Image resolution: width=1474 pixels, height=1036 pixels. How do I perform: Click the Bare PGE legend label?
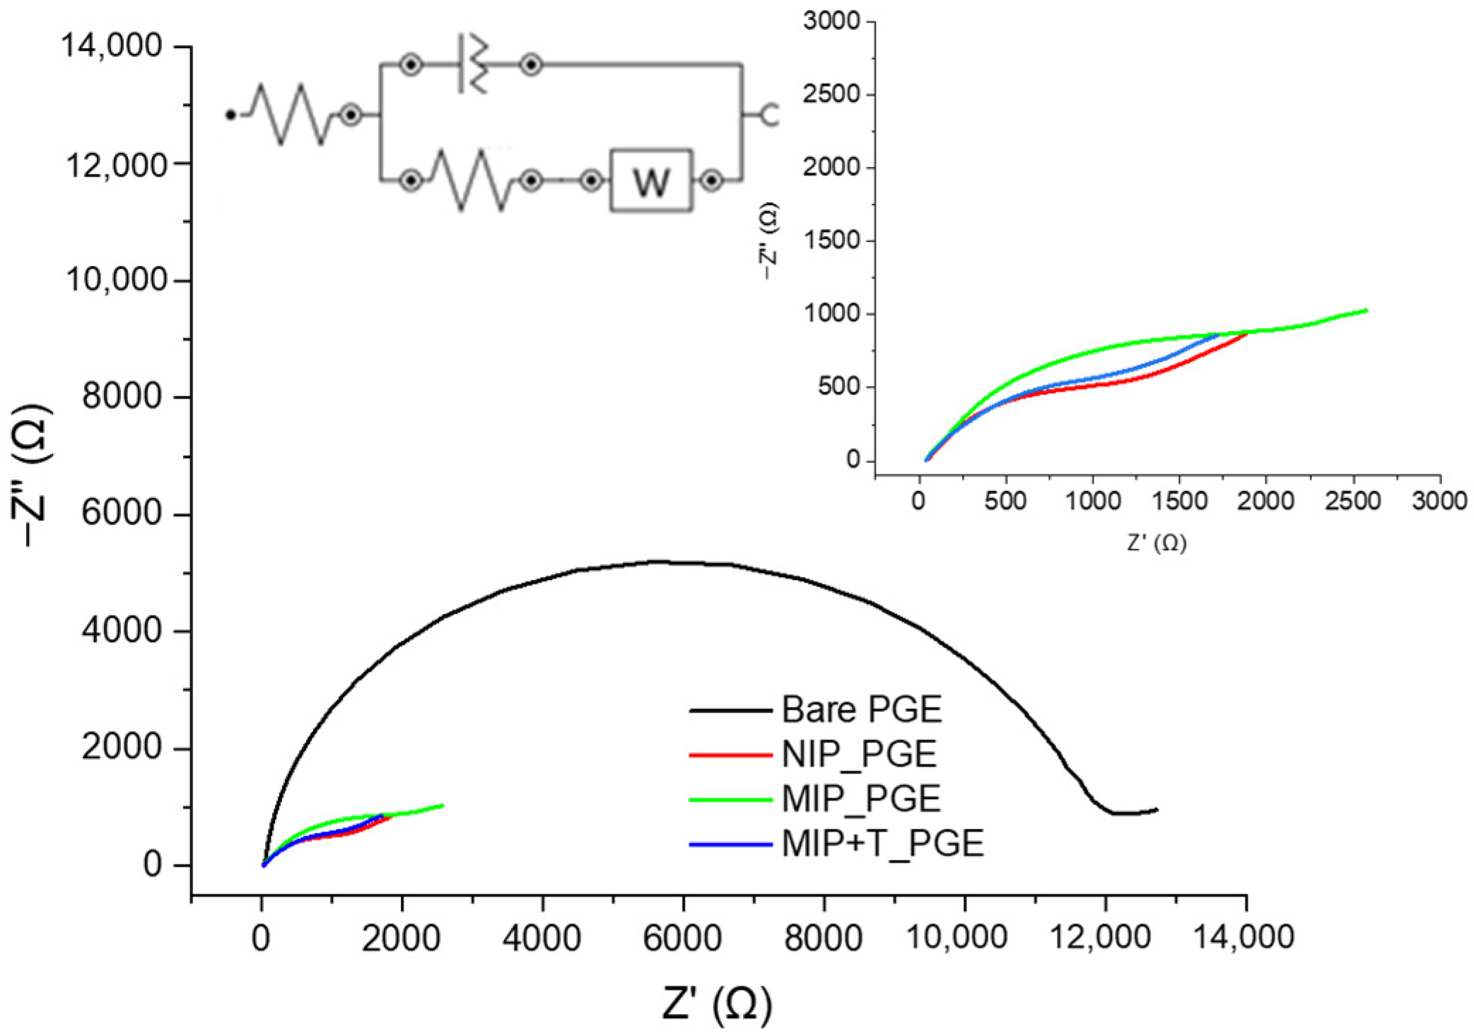pyautogui.click(x=861, y=709)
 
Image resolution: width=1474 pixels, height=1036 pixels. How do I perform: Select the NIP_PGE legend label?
pyautogui.click(x=858, y=754)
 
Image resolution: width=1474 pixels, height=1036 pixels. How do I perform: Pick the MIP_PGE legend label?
pyautogui.click(x=860, y=798)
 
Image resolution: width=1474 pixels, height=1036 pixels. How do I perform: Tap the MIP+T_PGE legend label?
pyautogui.click(x=882, y=843)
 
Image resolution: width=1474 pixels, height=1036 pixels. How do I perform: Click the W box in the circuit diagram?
pyautogui.click(x=651, y=181)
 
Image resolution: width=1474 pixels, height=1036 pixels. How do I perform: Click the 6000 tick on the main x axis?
pyautogui.click(x=683, y=938)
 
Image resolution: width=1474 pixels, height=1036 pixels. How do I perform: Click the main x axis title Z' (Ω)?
pyautogui.click(x=717, y=1003)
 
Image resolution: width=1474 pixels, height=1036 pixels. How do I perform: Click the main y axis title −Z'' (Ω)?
pyautogui.click(x=32, y=475)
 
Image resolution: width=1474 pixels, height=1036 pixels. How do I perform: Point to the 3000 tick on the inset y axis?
pyautogui.click(x=831, y=21)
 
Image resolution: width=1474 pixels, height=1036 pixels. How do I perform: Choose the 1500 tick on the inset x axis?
pyautogui.click(x=1178, y=501)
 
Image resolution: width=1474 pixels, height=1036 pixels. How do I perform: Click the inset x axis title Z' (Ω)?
pyautogui.click(x=1157, y=543)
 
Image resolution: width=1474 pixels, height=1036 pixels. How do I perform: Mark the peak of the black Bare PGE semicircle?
pyautogui.click(x=657, y=561)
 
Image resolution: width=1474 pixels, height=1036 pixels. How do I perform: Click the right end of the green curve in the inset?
pyautogui.click(x=1366, y=310)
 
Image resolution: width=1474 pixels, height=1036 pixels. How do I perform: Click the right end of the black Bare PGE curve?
pyautogui.click(x=1157, y=809)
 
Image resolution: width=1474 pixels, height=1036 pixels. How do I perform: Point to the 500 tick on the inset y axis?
pyautogui.click(x=838, y=387)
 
